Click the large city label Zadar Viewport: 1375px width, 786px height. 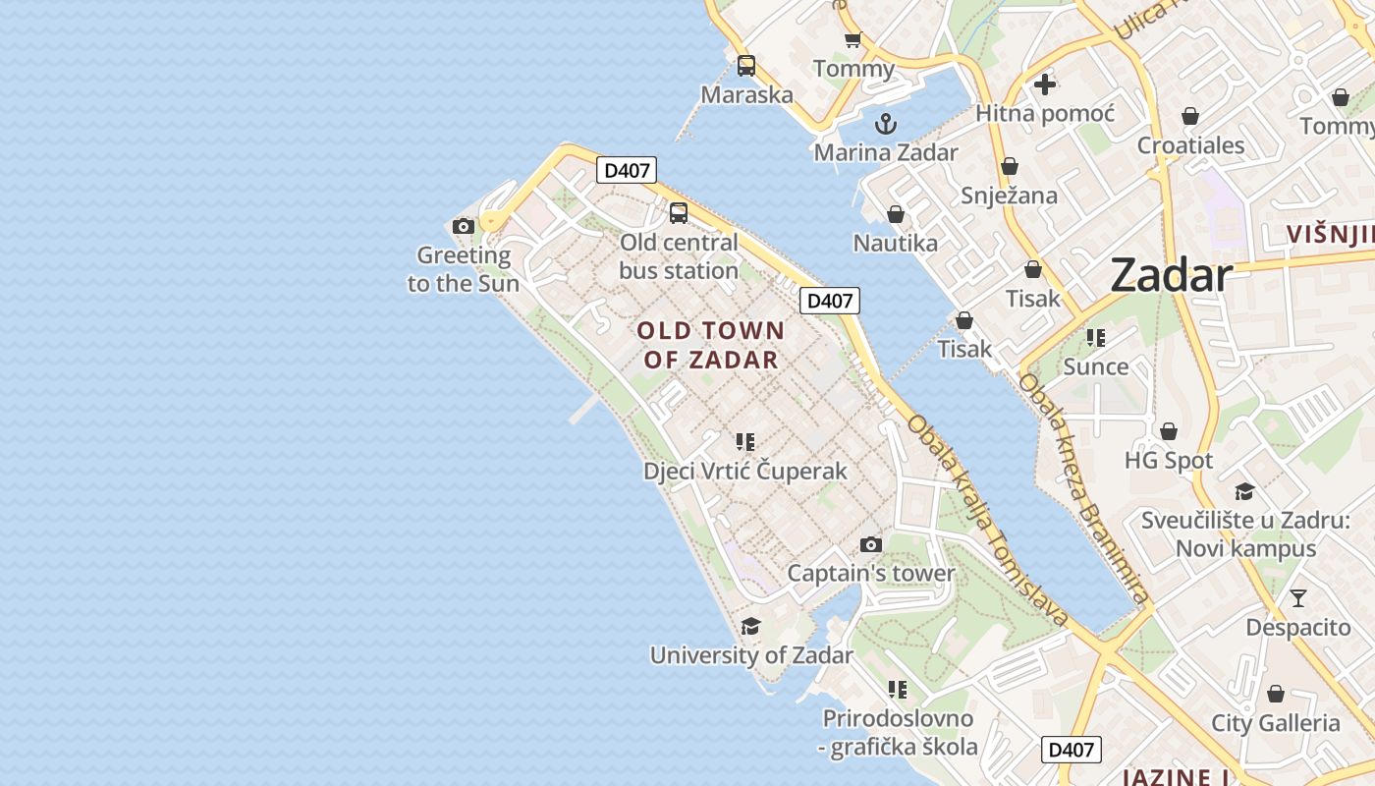pyautogui.click(x=1171, y=276)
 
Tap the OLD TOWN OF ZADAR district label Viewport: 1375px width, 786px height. pyautogui.click(x=711, y=345)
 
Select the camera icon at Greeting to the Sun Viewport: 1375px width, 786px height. pyautogui.click(x=464, y=227)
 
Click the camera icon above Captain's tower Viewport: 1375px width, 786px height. pyautogui.click(x=870, y=545)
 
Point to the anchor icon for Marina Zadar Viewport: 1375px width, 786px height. pyautogui.click(x=886, y=124)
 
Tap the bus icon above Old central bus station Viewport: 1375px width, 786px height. pyautogui.click(x=678, y=213)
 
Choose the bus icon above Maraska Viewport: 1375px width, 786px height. pyautogui.click(x=746, y=66)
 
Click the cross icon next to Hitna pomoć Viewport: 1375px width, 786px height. pyautogui.click(x=1045, y=84)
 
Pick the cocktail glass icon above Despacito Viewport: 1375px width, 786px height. pyautogui.click(x=1298, y=597)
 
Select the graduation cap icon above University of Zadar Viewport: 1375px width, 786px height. pyautogui.click(x=750, y=627)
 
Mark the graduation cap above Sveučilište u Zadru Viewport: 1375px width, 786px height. pyautogui.click(x=1244, y=491)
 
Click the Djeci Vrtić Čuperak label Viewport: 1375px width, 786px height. pyautogui.click(x=744, y=472)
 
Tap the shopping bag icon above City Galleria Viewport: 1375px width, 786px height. pyautogui.click(x=1275, y=695)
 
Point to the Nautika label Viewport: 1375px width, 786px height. pyautogui.click(x=895, y=243)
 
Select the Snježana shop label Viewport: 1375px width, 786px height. pyautogui.click(x=1009, y=196)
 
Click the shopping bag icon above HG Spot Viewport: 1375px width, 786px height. pyautogui.click(x=1169, y=431)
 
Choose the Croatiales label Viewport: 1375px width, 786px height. pyautogui.click(x=1190, y=146)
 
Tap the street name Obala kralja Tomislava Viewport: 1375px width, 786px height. pyautogui.click(x=987, y=521)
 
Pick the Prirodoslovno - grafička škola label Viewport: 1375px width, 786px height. pyautogui.click(x=898, y=733)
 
